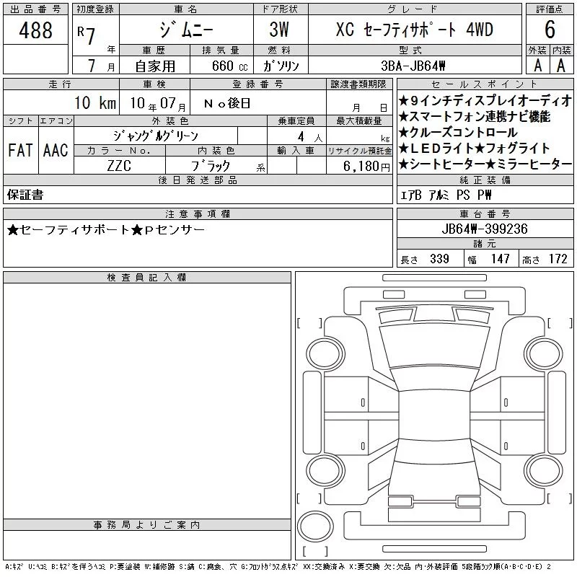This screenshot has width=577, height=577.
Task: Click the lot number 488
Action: point(35,30)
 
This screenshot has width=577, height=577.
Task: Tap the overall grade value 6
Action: point(550,30)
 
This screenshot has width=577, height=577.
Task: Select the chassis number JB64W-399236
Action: point(485,229)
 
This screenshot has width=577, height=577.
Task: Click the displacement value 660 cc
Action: point(229,66)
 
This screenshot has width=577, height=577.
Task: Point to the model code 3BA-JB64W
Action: point(413,66)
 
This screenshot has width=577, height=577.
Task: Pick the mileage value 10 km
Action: point(95,102)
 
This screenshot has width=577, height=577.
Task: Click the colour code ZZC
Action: point(119,166)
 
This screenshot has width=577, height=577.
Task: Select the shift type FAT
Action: point(20,150)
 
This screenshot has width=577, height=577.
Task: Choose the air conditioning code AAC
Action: point(56,150)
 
